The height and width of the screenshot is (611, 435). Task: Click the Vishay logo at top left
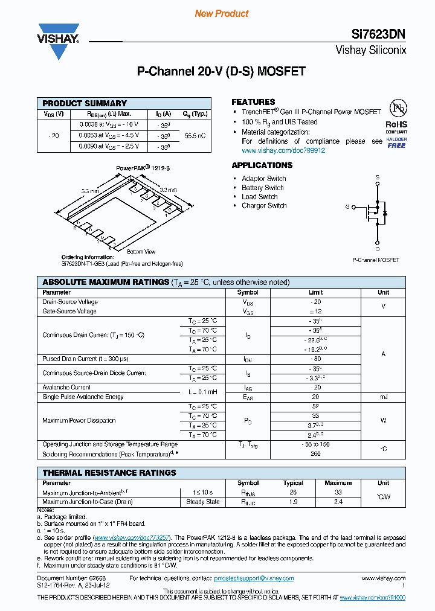(59, 40)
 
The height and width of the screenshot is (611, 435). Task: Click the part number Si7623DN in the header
(379, 35)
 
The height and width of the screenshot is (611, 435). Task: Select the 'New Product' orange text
(222, 13)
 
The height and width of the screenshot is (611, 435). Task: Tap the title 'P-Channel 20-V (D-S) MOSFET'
(221, 71)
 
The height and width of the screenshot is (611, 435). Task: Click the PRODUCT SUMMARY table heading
(85, 103)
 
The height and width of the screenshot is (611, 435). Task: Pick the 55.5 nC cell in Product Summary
(195, 136)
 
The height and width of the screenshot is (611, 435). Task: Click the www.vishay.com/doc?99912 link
(283, 150)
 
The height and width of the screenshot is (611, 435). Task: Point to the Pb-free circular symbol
(397, 109)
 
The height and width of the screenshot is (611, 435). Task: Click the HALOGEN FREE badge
(397, 142)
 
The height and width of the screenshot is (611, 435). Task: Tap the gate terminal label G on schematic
(348, 207)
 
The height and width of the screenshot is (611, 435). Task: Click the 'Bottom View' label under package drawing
(141, 252)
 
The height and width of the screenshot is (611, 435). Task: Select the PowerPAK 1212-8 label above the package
(143, 169)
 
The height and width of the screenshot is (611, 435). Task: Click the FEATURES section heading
(253, 102)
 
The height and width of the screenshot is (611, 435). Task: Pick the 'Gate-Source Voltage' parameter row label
(69, 312)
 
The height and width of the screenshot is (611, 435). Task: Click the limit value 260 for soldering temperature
(315, 454)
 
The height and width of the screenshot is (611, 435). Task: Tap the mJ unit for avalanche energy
(383, 397)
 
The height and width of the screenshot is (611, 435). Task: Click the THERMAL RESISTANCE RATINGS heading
(109, 473)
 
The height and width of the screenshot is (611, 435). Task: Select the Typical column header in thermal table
(293, 483)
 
